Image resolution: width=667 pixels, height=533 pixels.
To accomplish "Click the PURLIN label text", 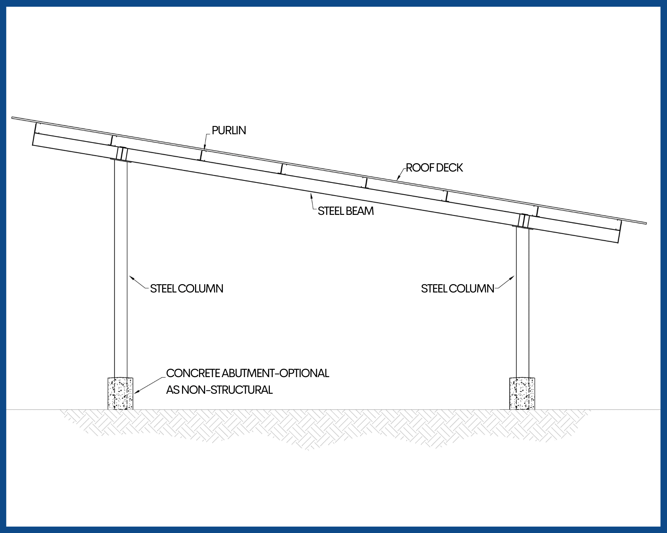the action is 229,131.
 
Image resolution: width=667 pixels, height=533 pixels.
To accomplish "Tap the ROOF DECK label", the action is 434,168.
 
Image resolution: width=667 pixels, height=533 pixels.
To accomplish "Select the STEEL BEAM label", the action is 346,211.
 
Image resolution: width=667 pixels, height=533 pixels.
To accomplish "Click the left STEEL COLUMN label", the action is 186,288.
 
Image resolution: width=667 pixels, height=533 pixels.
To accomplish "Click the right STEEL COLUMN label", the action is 458,288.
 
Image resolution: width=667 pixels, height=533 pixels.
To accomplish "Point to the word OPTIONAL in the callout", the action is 304,373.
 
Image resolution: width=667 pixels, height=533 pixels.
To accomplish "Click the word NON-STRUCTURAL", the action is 227,390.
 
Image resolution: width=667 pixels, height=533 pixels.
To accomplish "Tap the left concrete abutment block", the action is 120,393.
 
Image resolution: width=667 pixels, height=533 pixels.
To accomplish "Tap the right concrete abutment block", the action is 522,393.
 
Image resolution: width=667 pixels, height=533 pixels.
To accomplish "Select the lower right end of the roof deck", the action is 645,223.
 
